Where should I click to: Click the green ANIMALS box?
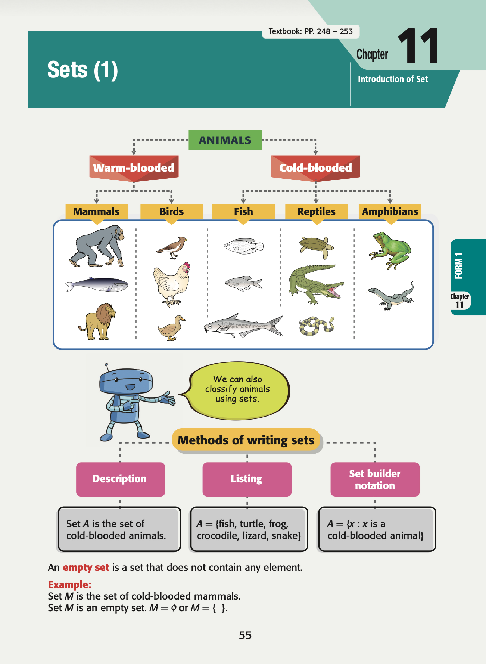(x=225, y=140)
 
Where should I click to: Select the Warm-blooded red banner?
(x=134, y=168)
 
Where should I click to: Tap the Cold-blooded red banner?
(x=316, y=168)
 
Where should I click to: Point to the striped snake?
(x=316, y=326)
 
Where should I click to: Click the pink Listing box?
(x=247, y=479)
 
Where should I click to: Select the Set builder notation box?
(x=375, y=479)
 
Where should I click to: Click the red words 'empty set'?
(x=86, y=567)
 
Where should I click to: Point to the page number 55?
(x=245, y=635)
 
